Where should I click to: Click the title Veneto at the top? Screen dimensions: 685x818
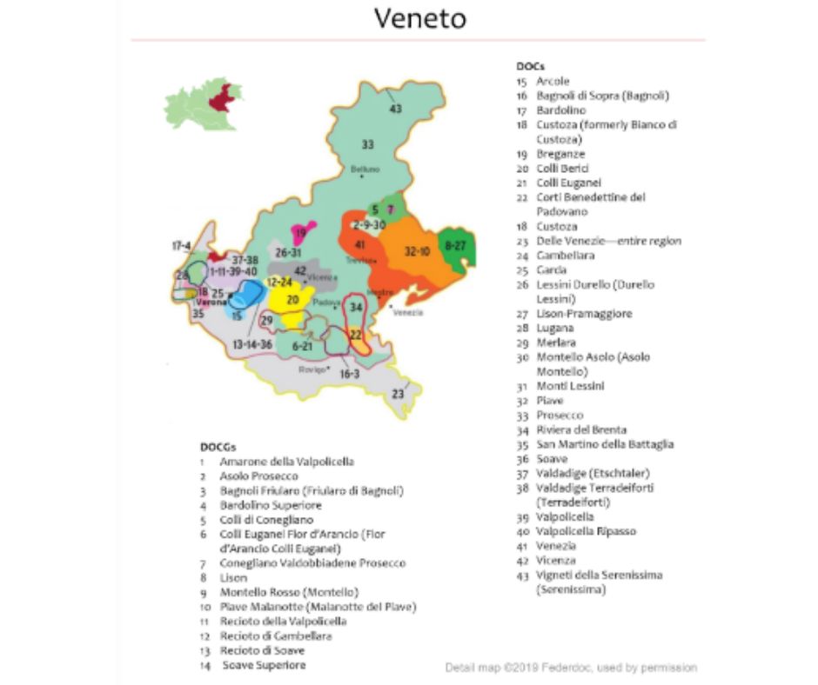[x=408, y=19]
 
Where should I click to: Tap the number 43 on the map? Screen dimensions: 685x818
[x=395, y=110]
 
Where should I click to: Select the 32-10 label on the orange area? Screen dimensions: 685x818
[x=417, y=251]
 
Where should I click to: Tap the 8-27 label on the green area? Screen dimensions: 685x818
[x=456, y=246]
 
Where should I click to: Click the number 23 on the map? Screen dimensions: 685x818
[x=398, y=394]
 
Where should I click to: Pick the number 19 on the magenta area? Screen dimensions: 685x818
[x=300, y=233]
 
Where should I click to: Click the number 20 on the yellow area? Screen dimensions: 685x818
[x=293, y=300]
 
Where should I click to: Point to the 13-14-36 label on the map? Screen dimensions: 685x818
[x=252, y=345]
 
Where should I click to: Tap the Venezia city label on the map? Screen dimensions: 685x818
[x=408, y=312]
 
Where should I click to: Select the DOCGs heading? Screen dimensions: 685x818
[x=218, y=447]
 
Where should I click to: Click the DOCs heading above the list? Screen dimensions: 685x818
[x=529, y=66]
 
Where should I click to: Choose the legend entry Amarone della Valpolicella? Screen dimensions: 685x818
[x=286, y=462]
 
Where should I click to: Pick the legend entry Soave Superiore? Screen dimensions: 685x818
[x=264, y=665]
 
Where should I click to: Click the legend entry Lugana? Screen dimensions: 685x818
[x=554, y=329]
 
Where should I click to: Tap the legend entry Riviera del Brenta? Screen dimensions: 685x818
[x=580, y=429]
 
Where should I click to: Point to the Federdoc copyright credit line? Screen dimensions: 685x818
[x=571, y=668]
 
